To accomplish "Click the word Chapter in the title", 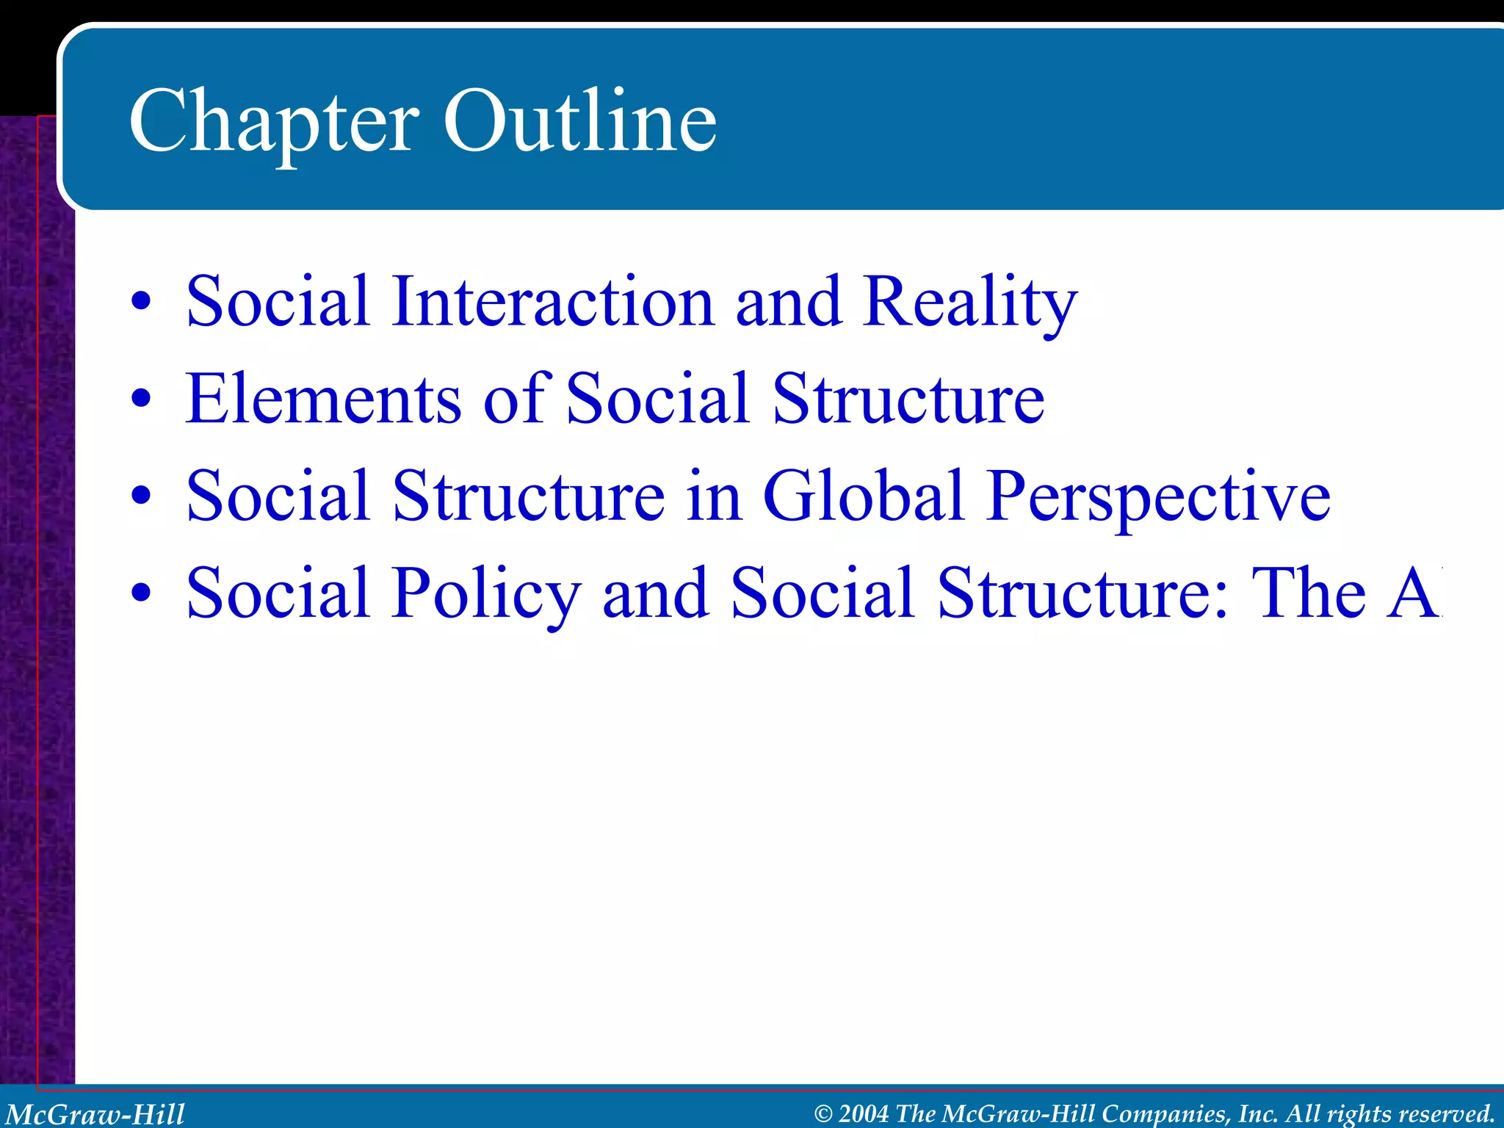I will tap(273, 121).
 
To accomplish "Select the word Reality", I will tap(969, 303).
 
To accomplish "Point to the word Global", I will tap(863, 496).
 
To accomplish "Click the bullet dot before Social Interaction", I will tap(141, 302).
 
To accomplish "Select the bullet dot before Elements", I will tap(141, 399).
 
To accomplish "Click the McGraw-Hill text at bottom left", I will tap(95, 1114).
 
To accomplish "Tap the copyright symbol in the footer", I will tap(823, 1114).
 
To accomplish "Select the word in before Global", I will tap(713, 496).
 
